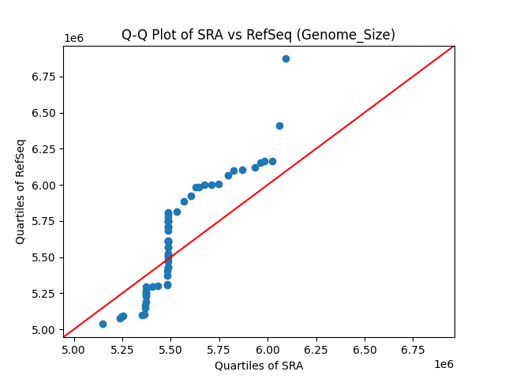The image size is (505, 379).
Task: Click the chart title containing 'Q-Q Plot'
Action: pyautogui.click(x=258, y=35)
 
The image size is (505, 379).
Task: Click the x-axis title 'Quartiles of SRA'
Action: pyautogui.click(x=259, y=366)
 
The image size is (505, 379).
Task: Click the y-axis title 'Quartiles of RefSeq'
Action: pyautogui.click(x=21, y=191)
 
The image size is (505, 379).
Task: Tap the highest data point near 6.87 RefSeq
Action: pyautogui.click(x=286, y=58)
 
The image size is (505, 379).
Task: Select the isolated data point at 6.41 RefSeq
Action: pyautogui.click(x=279, y=126)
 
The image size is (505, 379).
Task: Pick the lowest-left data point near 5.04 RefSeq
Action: pyautogui.click(x=103, y=324)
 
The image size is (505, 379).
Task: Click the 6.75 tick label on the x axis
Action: pyautogui.click(x=413, y=349)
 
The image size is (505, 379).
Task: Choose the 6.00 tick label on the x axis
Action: pyautogui.click(x=267, y=349)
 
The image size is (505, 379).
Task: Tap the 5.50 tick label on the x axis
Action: pyautogui.click(x=170, y=349)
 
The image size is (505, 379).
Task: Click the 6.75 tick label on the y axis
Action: pyautogui.click(x=44, y=77)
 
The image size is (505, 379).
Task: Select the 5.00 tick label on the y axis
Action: pyautogui.click(x=44, y=329)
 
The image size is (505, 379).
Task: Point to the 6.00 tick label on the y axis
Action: pyautogui.click(x=44, y=185)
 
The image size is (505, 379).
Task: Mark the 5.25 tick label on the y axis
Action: pyautogui.click(x=44, y=293)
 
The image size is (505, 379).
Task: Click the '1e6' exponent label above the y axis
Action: pyautogui.click(x=74, y=39)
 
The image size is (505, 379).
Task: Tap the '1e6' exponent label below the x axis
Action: pyautogui.click(x=443, y=363)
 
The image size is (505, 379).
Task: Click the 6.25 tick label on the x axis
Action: pyautogui.click(x=316, y=349)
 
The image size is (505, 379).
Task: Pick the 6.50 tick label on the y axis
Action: pyautogui.click(x=44, y=113)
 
